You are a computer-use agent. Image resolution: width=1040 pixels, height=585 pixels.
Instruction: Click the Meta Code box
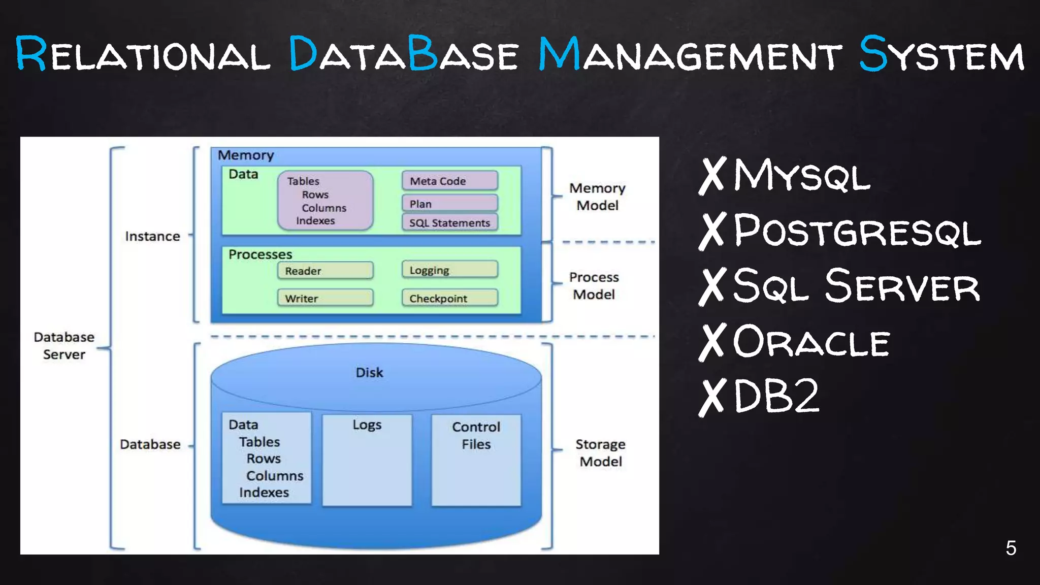449,181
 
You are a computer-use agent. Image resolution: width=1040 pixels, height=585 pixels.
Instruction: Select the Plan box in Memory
449,204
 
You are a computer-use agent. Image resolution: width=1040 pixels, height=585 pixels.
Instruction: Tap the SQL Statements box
449,222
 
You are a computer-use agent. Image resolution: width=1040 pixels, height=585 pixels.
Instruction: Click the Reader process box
325,271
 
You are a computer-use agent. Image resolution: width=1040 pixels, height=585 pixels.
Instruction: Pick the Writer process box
325,298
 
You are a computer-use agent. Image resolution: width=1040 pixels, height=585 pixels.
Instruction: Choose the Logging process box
449,270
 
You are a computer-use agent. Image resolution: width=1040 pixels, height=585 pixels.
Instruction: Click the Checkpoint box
449,298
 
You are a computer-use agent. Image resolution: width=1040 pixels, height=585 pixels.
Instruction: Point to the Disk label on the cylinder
369,373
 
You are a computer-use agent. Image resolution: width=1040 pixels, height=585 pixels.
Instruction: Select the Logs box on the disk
367,460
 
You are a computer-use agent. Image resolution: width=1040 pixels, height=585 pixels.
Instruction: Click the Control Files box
476,460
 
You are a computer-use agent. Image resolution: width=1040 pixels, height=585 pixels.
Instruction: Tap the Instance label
152,236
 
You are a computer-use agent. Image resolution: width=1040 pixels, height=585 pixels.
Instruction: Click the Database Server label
64,346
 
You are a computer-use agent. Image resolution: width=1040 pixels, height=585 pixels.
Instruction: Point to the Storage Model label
600,452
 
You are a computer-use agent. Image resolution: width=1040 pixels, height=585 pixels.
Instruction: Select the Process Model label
594,286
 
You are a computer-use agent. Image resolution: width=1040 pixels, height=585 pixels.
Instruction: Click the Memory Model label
597,197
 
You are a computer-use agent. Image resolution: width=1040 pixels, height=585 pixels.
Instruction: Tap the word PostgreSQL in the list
857,232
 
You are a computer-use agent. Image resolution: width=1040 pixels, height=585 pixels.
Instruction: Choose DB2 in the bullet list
776,396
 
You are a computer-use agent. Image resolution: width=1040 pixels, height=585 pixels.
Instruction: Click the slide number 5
1011,548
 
